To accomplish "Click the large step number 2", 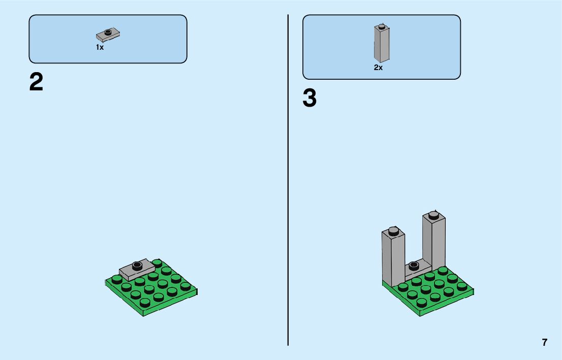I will point(36,82).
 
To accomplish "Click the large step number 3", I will point(309,99).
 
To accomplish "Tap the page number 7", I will point(545,342).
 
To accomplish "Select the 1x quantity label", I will point(100,47).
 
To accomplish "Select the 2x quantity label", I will point(378,68).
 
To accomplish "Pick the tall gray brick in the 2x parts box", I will point(382,45).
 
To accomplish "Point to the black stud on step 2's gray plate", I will point(136,264).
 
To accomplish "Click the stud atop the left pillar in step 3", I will point(393,231).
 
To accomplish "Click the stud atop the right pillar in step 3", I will point(433,214).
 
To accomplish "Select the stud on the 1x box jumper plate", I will point(108,32).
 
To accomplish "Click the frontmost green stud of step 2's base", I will point(145,302).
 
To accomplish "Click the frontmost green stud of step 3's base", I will point(422,302).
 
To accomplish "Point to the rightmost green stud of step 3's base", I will point(461,286).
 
